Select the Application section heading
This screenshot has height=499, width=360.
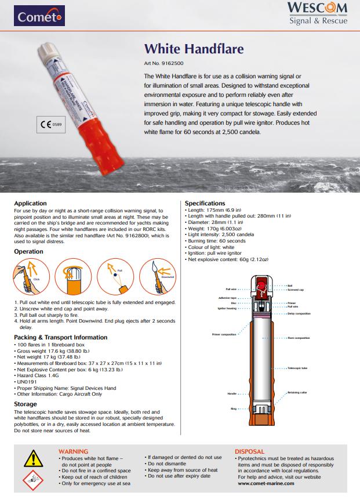tap(30, 203)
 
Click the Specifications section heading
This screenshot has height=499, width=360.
tap(205, 203)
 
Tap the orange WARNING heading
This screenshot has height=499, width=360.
tap(74, 451)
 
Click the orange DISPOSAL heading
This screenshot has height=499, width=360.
tap(250, 451)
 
